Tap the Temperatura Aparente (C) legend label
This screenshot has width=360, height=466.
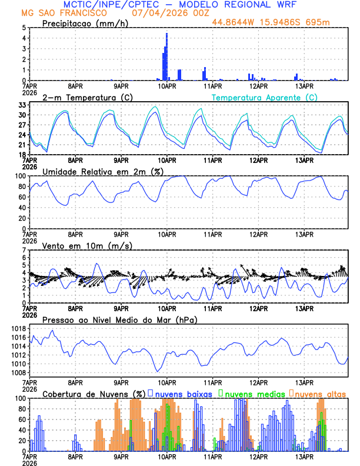point(264,97)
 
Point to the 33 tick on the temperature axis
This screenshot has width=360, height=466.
point(21,105)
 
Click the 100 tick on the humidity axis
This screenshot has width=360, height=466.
point(19,176)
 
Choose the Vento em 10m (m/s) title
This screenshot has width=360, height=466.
point(87,245)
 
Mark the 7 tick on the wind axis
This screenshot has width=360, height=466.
point(24,250)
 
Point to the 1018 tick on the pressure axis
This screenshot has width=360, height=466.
point(17,328)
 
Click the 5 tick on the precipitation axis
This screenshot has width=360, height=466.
point(24,28)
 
